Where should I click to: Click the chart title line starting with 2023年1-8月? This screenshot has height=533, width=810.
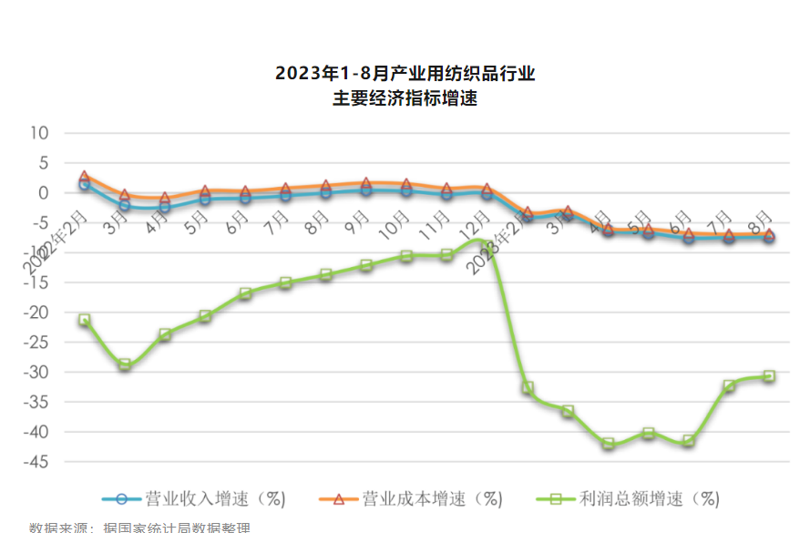tap(405, 73)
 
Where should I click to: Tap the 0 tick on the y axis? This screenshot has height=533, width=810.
tap(42, 193)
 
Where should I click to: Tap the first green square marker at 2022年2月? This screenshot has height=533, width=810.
tap(85, 320)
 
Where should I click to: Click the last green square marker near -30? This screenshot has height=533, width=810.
tap(769, 375)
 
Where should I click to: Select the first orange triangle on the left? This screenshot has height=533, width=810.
tap(85, 177)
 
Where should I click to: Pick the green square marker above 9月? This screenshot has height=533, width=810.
tap(366, 265)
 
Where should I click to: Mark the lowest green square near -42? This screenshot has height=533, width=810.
tap(608, 445)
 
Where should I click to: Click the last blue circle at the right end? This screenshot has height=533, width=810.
tap(769, 237)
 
